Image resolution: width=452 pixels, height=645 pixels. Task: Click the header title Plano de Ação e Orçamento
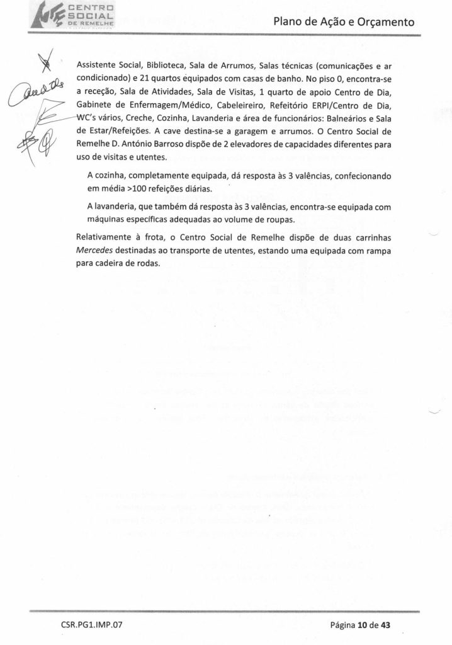344,23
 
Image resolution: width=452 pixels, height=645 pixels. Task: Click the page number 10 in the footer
363,625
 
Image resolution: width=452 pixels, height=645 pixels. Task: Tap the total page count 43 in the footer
386,625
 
